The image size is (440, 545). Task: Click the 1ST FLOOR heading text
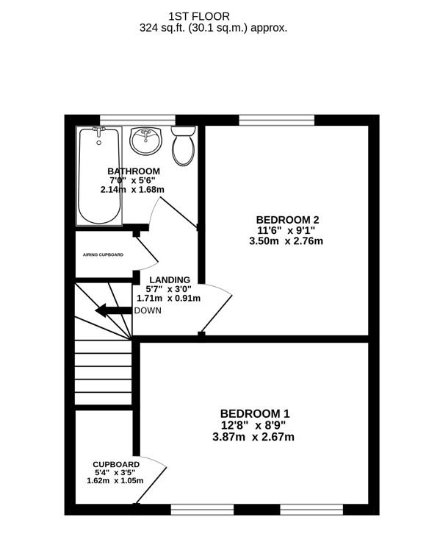point(199,16)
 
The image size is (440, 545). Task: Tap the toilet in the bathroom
point(184,146)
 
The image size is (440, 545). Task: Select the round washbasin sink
point(145,141)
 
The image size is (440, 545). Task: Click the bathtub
point(99,176)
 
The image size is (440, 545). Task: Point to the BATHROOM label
point(134,171)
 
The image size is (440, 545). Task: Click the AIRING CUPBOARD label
point(103,254)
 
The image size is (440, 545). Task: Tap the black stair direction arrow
point(113,310)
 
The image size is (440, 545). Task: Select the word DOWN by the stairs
point(148,310)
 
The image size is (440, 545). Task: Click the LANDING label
point(170,279)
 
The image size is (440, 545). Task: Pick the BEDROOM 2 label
point(287,220)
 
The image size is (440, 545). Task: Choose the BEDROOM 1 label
point(255,413)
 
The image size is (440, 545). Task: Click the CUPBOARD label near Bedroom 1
point(116,464)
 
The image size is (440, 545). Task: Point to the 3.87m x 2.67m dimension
point(253,437)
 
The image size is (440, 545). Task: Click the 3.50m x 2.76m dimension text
point(286,241)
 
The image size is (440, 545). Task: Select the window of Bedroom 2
point(277,120)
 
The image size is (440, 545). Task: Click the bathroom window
point(138,120)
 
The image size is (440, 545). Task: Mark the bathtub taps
point(99,131)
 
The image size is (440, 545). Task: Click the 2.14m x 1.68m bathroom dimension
point(132,190)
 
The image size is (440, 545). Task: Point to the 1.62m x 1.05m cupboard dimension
point(115,481)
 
